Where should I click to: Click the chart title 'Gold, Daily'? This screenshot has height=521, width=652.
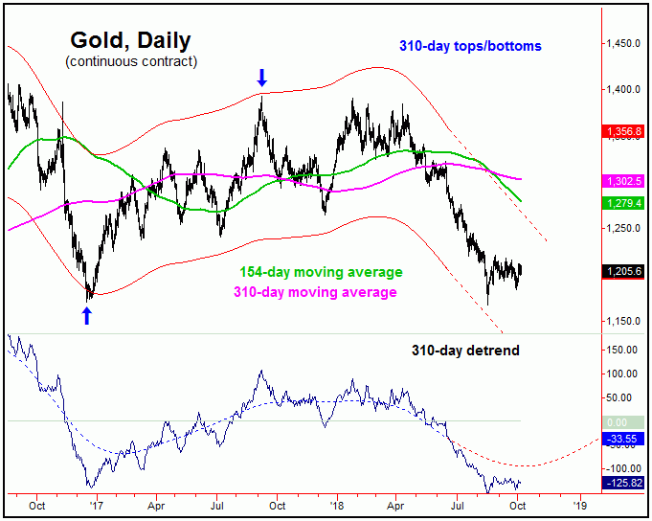tap(130, 41)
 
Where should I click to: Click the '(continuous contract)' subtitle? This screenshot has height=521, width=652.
tap(131, 62)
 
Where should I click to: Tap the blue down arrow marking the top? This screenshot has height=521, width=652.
tap(261, 78)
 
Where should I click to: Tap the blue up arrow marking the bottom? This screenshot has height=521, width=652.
tap(87, 315)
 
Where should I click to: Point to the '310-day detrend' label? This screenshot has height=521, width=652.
tap(461, 351)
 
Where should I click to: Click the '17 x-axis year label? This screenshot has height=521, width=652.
tap(95, 503)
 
